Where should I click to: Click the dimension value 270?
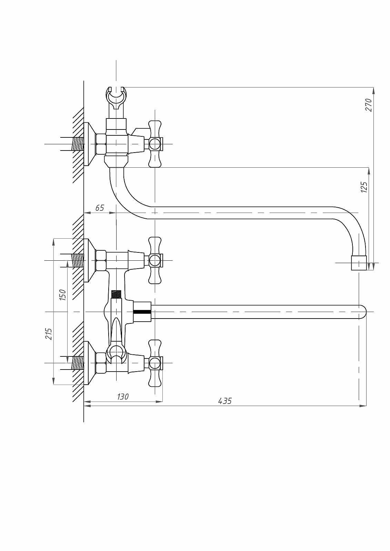pos(368,105)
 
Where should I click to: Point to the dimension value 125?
pos(364,187)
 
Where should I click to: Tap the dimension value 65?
pos(99,208)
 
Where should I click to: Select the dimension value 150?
pos(62,295)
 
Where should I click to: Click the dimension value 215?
pos(49,334)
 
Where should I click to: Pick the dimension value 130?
pos(122,397)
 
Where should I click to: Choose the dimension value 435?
pos(225,401)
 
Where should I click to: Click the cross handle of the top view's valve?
pos(155,144)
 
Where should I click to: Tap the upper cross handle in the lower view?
pos(155,260)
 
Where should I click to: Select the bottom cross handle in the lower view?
pos(155,363)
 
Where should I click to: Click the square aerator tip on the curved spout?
pos(359,263)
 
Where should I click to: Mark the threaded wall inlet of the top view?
pos(78,144)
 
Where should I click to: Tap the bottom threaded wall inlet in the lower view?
pos(78,363)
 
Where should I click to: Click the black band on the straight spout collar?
pos(142,312)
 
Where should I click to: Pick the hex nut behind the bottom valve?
pos(101,363)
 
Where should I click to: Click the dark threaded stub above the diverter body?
pos(117,294)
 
